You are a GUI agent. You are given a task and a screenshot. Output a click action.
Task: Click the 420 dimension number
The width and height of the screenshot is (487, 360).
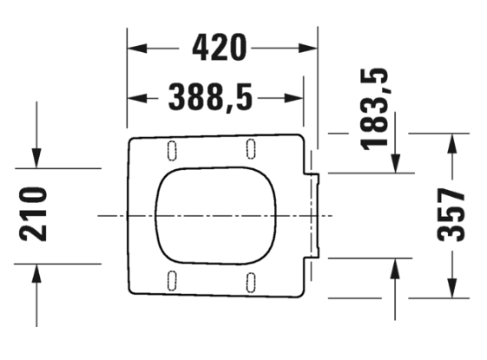[x=220, y=48]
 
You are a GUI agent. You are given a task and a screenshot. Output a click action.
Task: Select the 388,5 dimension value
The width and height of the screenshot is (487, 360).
[x=210, y=97]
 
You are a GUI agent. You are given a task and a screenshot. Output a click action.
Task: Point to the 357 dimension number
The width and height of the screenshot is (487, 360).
[x=451, y=214]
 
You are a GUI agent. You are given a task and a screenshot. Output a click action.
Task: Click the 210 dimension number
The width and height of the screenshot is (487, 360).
[x=33, y=214]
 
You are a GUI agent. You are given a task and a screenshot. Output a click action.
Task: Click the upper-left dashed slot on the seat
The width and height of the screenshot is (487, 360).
[x=172, y=151]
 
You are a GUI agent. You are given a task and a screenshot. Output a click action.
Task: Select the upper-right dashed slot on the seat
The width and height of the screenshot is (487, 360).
[x=251, y=149]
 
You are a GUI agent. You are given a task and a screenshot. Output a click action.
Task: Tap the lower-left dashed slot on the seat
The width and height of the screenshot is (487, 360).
[x=172, y=280]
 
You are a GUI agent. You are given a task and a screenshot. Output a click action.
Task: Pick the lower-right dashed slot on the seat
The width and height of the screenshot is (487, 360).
[x=251, y=283]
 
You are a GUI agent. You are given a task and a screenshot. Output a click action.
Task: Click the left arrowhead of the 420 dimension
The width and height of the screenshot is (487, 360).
[x=137, y=49]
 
